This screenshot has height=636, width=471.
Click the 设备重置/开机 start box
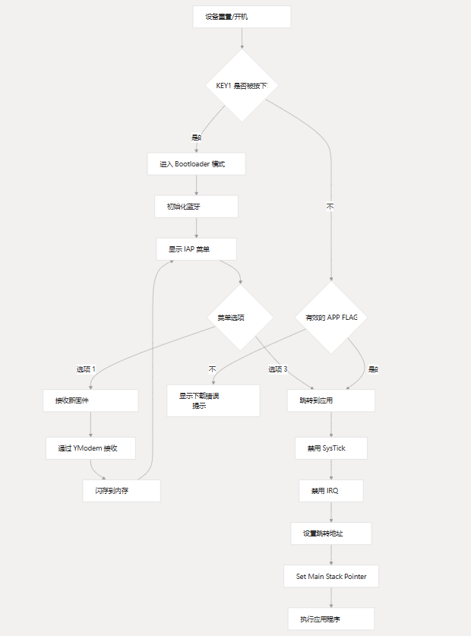coord(242,17)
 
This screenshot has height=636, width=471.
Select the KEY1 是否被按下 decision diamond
coord(242,85)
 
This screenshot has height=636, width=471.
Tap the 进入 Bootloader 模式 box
coord(196,164)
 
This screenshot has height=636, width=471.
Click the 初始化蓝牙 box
coord(196,206)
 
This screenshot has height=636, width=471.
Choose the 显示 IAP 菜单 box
coord(196,249)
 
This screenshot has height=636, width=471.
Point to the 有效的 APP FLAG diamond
coord(331,318)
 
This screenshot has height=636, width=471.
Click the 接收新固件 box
coord(90,400)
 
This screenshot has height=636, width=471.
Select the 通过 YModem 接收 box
coord(90,448)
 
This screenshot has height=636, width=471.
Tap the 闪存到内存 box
coord(122,491)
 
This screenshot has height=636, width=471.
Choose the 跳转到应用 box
coord(331,400)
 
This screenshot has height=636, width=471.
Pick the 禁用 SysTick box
coord(331,448)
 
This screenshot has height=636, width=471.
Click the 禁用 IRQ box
coord(331,491)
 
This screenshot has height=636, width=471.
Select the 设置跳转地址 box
coord(331,533)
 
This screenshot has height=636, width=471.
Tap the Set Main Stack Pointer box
coord(331,576)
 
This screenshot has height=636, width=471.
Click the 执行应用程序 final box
coord(331,619)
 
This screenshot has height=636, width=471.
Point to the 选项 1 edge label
coord(86,369)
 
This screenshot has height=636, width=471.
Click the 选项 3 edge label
coord(277,369)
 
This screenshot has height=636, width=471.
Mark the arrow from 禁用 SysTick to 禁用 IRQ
coord(331,470)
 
